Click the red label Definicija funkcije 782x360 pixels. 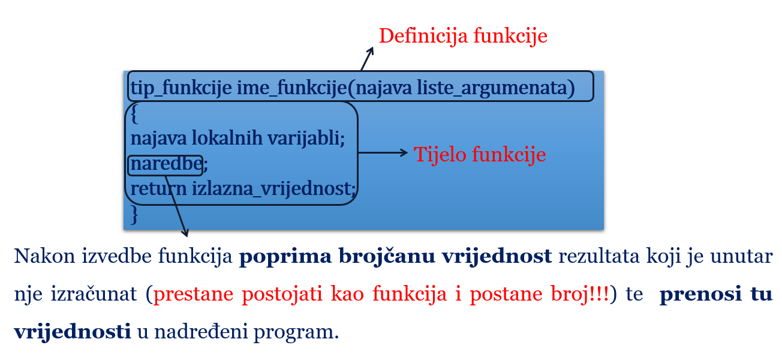(x=463, y=36)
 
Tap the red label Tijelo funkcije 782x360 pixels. (x=480, y=155)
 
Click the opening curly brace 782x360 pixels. (x=134, y=112)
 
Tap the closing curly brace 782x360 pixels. (x=134, y=214)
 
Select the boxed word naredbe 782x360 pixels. (x=165, y=164)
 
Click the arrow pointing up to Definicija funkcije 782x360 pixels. (x=367, y=58)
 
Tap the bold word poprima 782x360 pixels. (x=276, y=257)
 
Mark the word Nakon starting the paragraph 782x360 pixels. (x=39, y=257)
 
